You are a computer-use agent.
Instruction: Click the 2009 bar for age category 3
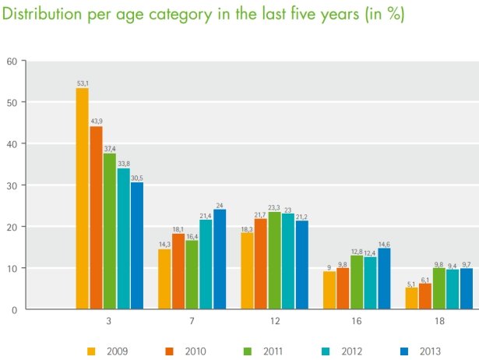click(x=82, y=199)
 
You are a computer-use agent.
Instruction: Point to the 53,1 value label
click(x=82, y=83)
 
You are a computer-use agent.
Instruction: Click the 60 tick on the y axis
click(x=11, y=61)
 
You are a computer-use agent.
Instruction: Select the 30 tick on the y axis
click(x=11, y=185)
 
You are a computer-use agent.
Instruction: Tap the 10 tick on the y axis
click(x=11, y=268)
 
